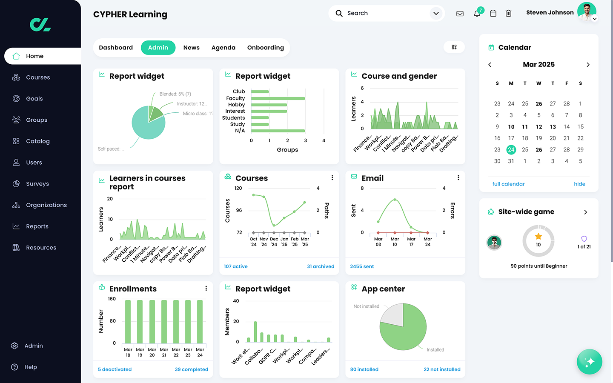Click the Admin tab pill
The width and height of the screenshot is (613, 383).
click(x=158, y=48)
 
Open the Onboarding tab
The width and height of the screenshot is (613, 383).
click(x=265, y=48)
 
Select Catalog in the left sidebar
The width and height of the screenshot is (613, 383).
click(x=37, y=141)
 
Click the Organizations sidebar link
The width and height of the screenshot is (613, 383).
click(x=46, y=205)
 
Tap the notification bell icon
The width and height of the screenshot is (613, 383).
click(x=477, y=14)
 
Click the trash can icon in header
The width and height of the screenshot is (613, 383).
click(x=508, y=14)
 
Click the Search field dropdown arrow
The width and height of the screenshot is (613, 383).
click(x=436, y=14)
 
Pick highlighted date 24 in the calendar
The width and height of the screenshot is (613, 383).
click(x=511, y=150)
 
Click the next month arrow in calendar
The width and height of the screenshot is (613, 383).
click(x=588, y=65)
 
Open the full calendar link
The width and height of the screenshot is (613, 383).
click(x=508, y=184)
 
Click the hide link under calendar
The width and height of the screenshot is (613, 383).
click(x=579, y=184)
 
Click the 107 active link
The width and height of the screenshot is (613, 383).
click(x=235, y=266)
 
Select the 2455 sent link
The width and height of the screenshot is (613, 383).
click(x=362, y=266)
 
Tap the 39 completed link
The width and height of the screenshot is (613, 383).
click(x=191, y=369)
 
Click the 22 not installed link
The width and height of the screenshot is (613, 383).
click(x=442, y=369)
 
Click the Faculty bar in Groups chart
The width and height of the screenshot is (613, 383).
click(x=278, y=98)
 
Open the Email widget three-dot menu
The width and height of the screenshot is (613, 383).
click(x=458, y=178)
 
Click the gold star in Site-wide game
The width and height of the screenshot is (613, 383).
click(x=539, y=236)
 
